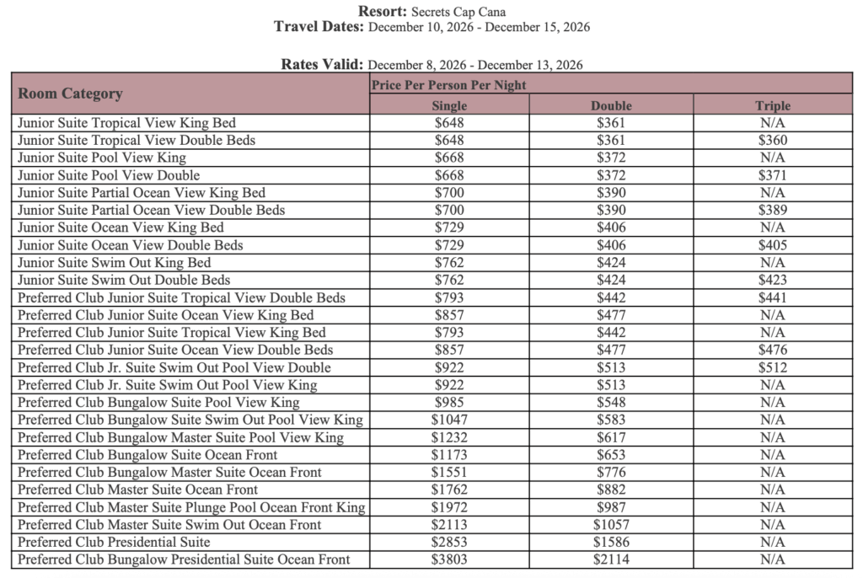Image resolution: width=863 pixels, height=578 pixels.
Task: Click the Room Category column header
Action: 71,94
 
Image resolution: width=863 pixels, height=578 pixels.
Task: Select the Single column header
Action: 449,105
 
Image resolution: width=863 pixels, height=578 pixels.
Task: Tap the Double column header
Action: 611,105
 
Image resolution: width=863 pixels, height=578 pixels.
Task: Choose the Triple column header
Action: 772,105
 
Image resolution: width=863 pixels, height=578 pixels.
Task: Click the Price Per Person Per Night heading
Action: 448,84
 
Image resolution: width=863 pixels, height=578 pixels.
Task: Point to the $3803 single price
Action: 449,559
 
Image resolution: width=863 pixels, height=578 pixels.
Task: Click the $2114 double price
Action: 611,559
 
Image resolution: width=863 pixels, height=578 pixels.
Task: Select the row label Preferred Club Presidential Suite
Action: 114,542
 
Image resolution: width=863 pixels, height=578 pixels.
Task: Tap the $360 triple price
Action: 772,140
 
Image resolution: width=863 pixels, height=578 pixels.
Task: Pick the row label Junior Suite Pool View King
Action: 102,158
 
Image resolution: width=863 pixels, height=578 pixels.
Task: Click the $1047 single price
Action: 449,420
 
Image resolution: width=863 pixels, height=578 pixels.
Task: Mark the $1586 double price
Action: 611,542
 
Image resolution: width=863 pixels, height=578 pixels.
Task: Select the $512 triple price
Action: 772,367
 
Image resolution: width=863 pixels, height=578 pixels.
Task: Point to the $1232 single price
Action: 449,437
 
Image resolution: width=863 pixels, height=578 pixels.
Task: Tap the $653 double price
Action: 611,455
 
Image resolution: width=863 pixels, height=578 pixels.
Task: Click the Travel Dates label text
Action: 319,27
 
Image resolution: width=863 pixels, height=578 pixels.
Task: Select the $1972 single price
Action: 449,507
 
